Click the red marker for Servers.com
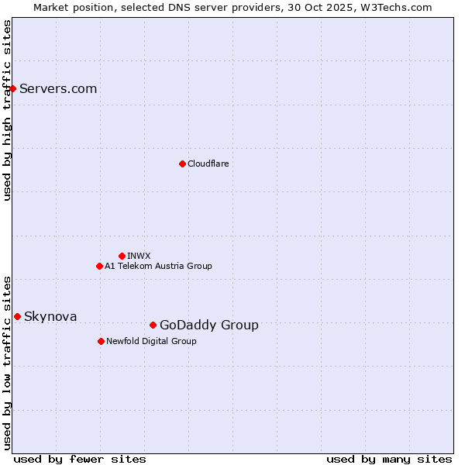(12, 88)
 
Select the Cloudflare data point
(182, 164)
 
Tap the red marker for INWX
(122, 256)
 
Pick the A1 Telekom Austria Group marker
(99, 266)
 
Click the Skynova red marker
(17, 316)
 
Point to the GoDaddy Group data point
(153, 325)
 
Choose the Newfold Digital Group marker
(101, 341)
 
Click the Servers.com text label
(58, 88)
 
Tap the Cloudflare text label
(208, 164)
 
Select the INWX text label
(139, 256)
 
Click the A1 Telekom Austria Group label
(158, 266)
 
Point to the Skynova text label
(50, 316)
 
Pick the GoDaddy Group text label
(209, 325)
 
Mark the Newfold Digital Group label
(151, 341)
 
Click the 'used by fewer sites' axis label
(80, 459)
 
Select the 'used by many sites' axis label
(389, 459)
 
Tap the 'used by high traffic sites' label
(8, 110)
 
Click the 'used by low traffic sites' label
(8, 363)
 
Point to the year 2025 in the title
(349, 7)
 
